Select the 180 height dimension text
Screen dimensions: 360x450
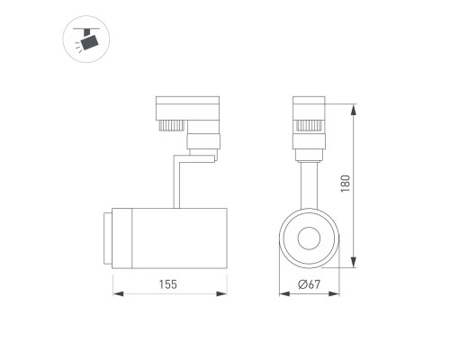(345, 184)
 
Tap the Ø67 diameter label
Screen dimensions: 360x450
(309, 284)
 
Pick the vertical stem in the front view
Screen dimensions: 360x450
(308, 180)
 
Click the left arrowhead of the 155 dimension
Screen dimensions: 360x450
(116, 293)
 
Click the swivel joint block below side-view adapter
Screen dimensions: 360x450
(202, 142)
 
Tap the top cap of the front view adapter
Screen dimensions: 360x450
(308, 101)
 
